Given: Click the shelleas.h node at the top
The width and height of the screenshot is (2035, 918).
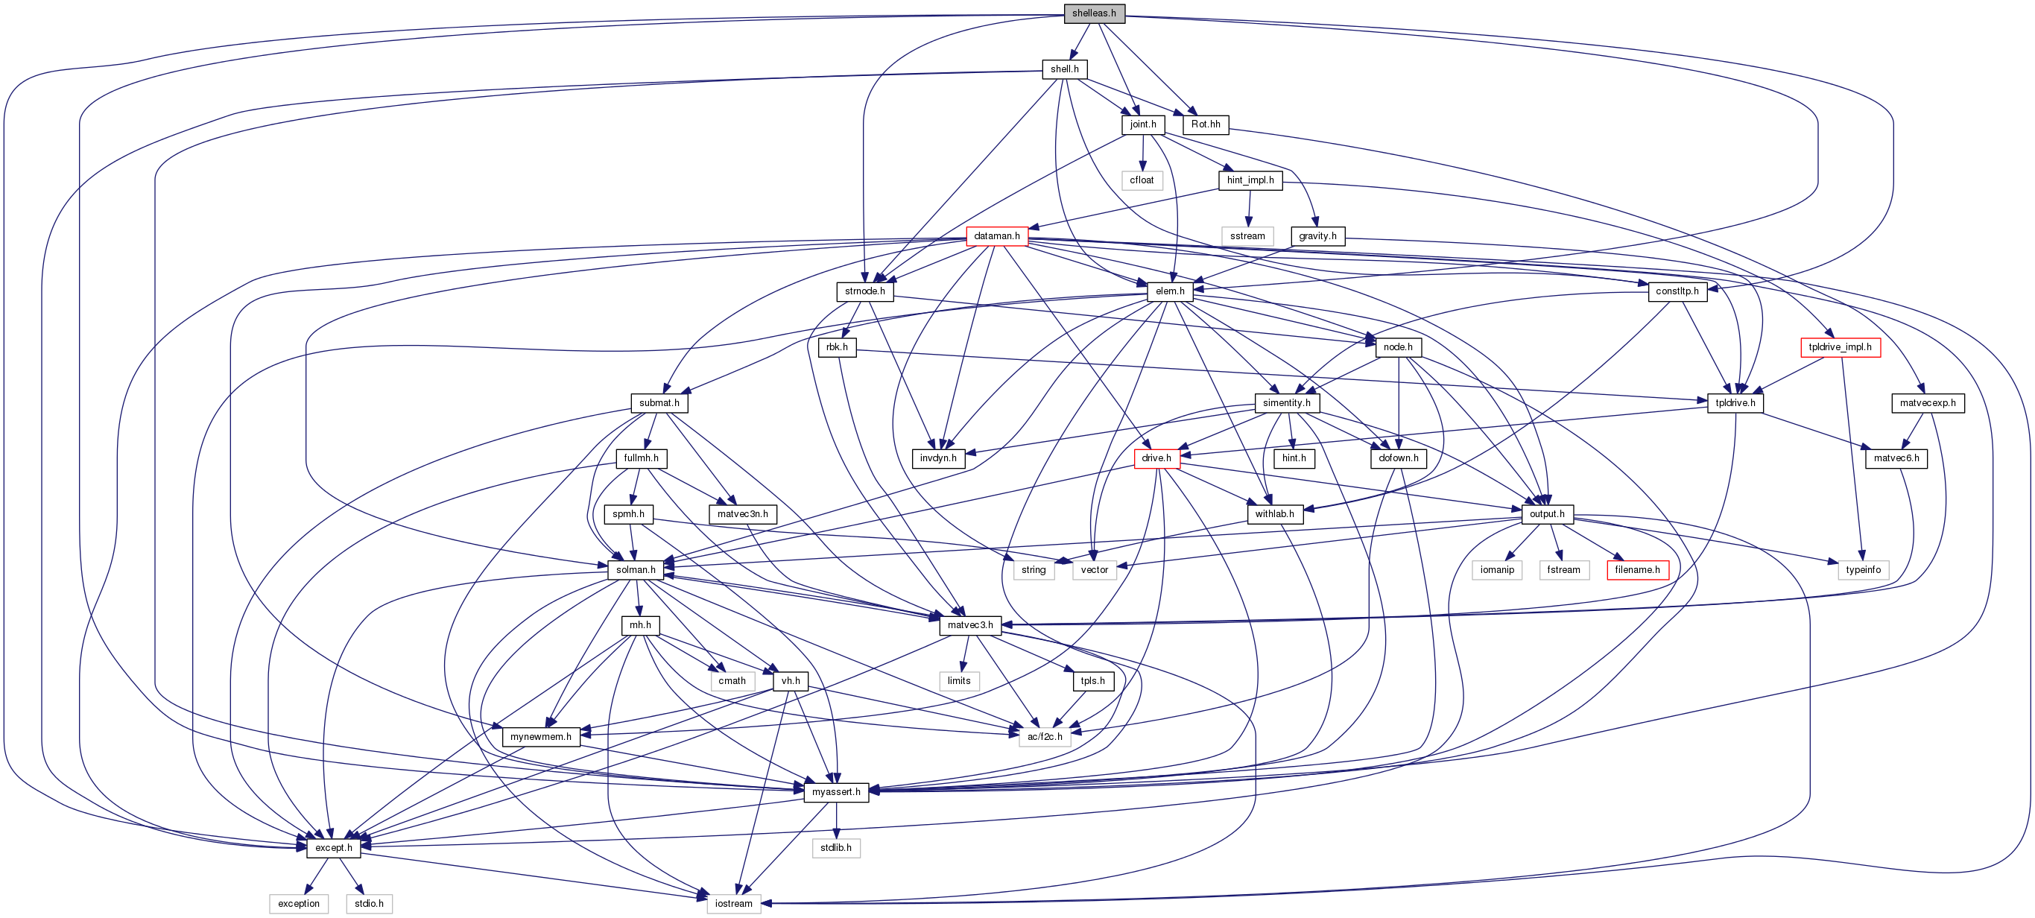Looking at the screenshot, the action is coord(1094,13).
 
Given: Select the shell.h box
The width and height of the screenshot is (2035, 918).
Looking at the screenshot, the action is coord(1064,69).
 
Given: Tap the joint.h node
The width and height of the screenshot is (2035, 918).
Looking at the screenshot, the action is coord(1142,124).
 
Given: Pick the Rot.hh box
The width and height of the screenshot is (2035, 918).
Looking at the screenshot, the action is coord(1206,124).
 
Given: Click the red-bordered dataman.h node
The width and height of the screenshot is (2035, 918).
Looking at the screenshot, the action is coord(996,235).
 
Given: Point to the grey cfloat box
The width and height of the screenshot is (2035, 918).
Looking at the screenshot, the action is coord(1142,180).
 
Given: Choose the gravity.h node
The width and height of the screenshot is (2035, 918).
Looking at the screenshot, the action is coord(1317,235).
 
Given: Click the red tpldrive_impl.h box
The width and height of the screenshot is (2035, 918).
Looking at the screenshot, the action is coord(1840,346).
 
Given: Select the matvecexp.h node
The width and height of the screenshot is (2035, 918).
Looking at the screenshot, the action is coord(1928,403).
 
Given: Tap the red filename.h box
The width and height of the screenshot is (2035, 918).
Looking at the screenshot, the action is coord(1637,569).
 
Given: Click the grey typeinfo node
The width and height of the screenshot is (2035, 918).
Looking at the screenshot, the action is coord(1863,569).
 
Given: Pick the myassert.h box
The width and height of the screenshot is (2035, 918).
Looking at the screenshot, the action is coord(836,791).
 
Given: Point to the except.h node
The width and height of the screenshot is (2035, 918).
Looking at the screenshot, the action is coord(333,848).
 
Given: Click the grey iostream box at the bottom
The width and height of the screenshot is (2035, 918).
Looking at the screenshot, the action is coord(733,903).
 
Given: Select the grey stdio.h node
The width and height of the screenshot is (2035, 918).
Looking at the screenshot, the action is coord(369,903).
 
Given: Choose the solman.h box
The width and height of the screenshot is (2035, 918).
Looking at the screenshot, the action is coord(635,569).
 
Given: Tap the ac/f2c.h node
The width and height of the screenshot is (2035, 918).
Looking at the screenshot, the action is coord(1045,736).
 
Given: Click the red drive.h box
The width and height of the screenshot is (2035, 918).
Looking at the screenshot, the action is coord(1156,458).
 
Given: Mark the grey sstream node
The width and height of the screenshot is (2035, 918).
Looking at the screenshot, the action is coord(1247,235).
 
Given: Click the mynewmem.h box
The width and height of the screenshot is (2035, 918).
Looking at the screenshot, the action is coord(540,736).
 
